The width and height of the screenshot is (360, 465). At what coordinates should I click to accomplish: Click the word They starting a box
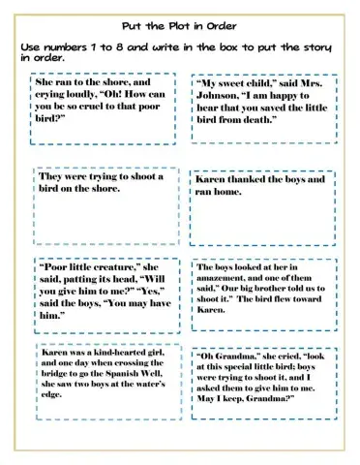click(51, 176)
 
